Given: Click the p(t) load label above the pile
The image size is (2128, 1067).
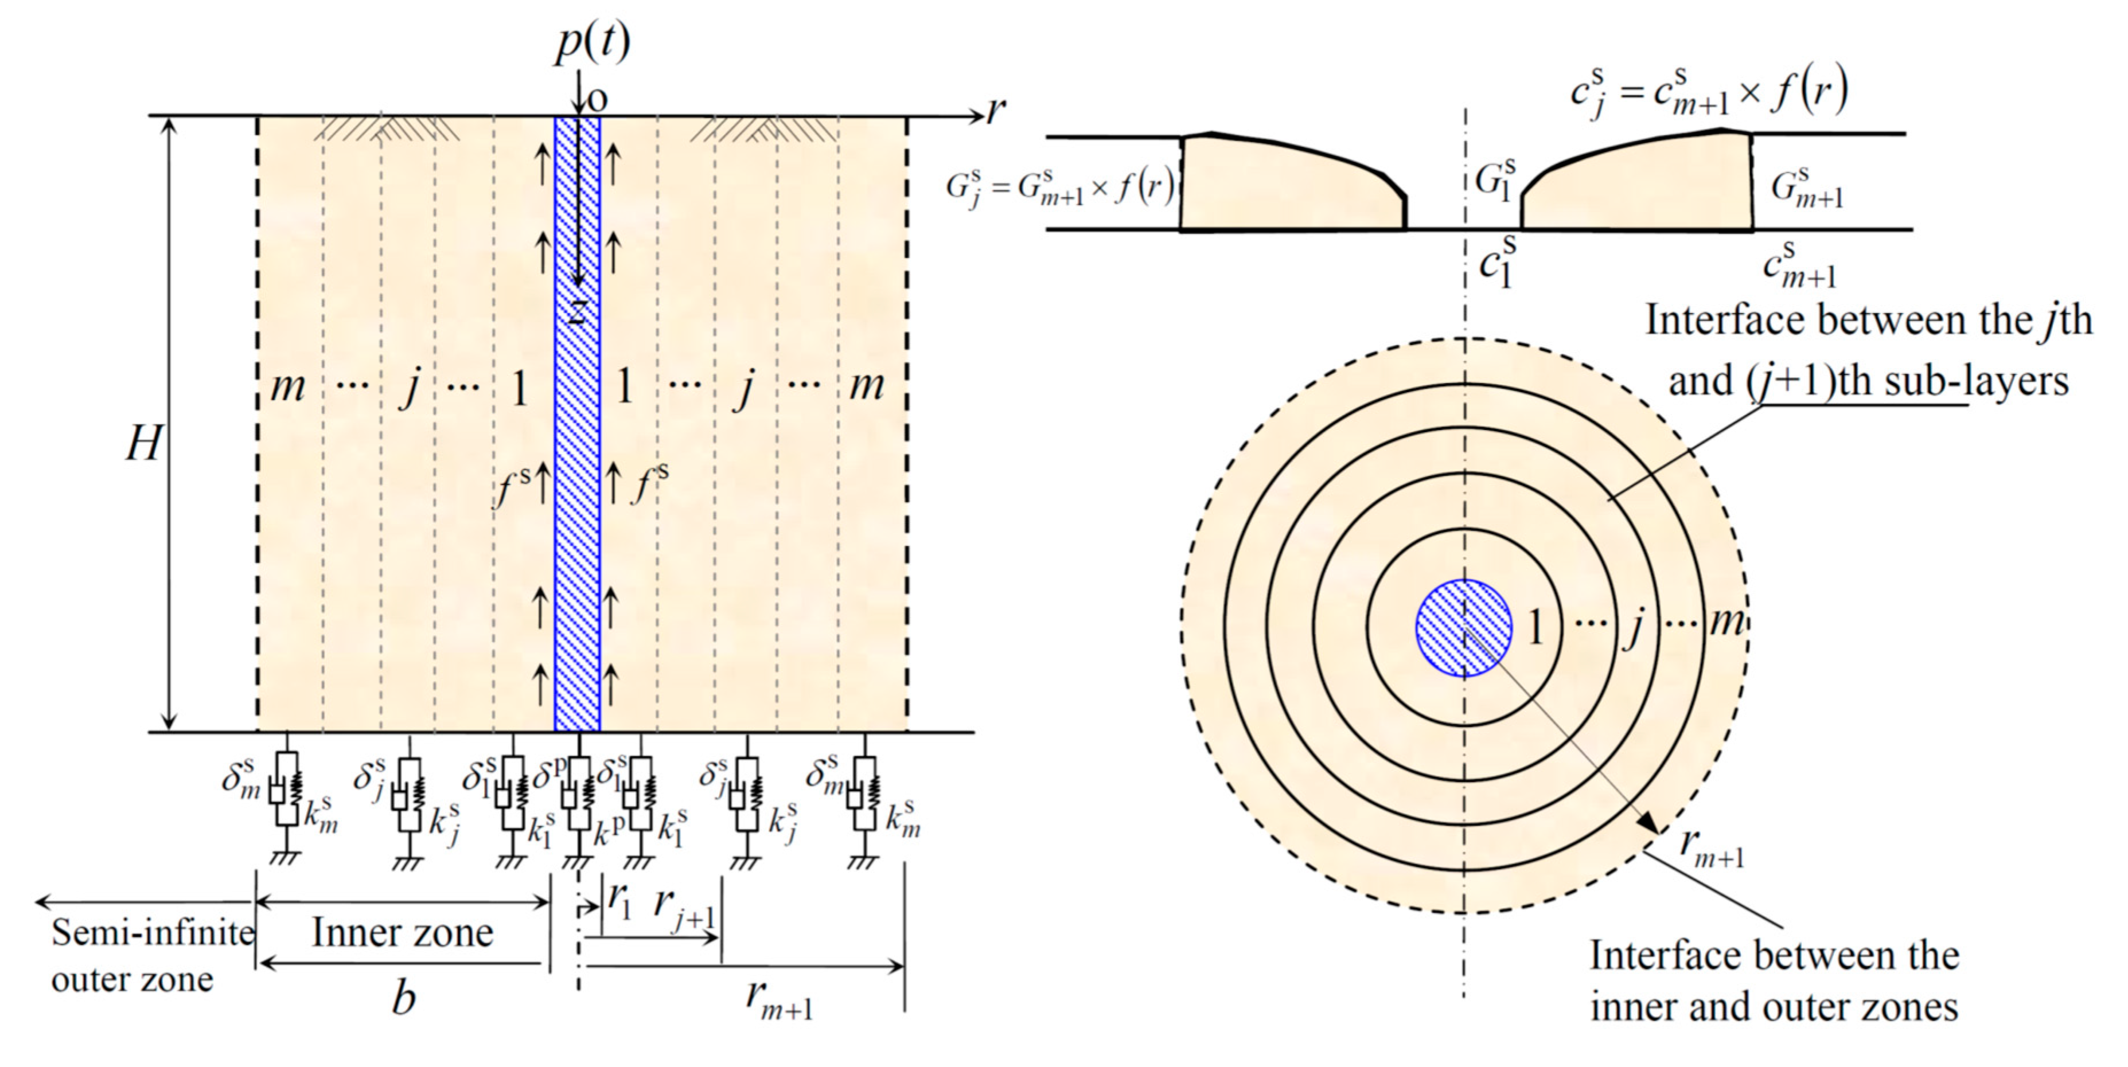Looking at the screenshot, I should (591, 41).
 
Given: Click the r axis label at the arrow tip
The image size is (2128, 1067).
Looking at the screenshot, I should (997, 111).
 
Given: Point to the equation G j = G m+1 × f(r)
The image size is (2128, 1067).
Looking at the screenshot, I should (1060, 188).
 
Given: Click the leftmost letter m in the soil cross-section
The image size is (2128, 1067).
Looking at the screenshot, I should (287, 386).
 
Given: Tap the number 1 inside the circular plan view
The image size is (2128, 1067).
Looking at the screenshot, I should (1535, 628).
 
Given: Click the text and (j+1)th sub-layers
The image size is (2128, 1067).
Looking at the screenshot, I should (1869, 381).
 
